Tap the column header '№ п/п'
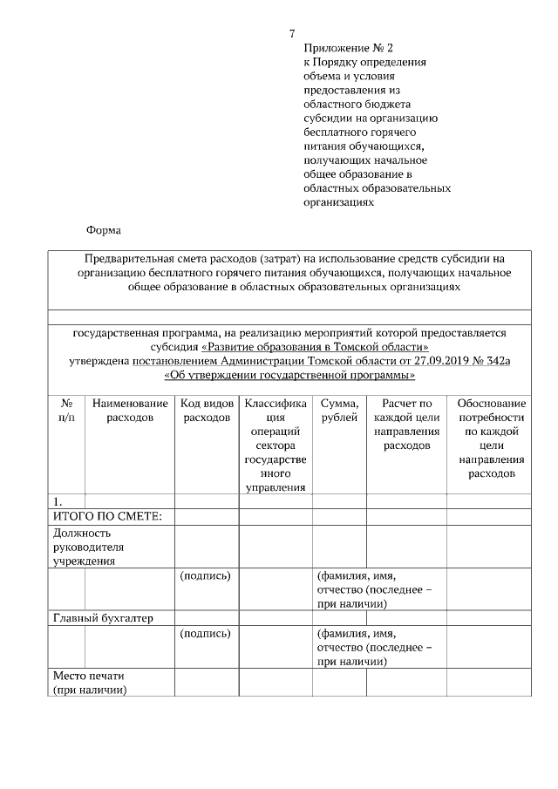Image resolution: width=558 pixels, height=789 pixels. (x=66, y=411)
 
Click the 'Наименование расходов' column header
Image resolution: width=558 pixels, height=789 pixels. (x=130, y=411)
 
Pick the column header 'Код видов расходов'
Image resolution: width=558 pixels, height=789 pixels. (x=206, y=411)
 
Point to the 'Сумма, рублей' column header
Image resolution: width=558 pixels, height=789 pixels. (x=339, y=411)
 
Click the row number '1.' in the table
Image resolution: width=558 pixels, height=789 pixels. (x=58, y=502)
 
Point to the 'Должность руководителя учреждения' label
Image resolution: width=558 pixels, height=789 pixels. (x=88, y=547)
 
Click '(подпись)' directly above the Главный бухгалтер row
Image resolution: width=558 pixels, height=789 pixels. (x=205, y=576)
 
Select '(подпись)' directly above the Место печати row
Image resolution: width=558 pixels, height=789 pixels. (x=205, y=634)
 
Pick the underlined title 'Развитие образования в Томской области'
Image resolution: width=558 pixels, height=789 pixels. (x=315, y=347)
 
